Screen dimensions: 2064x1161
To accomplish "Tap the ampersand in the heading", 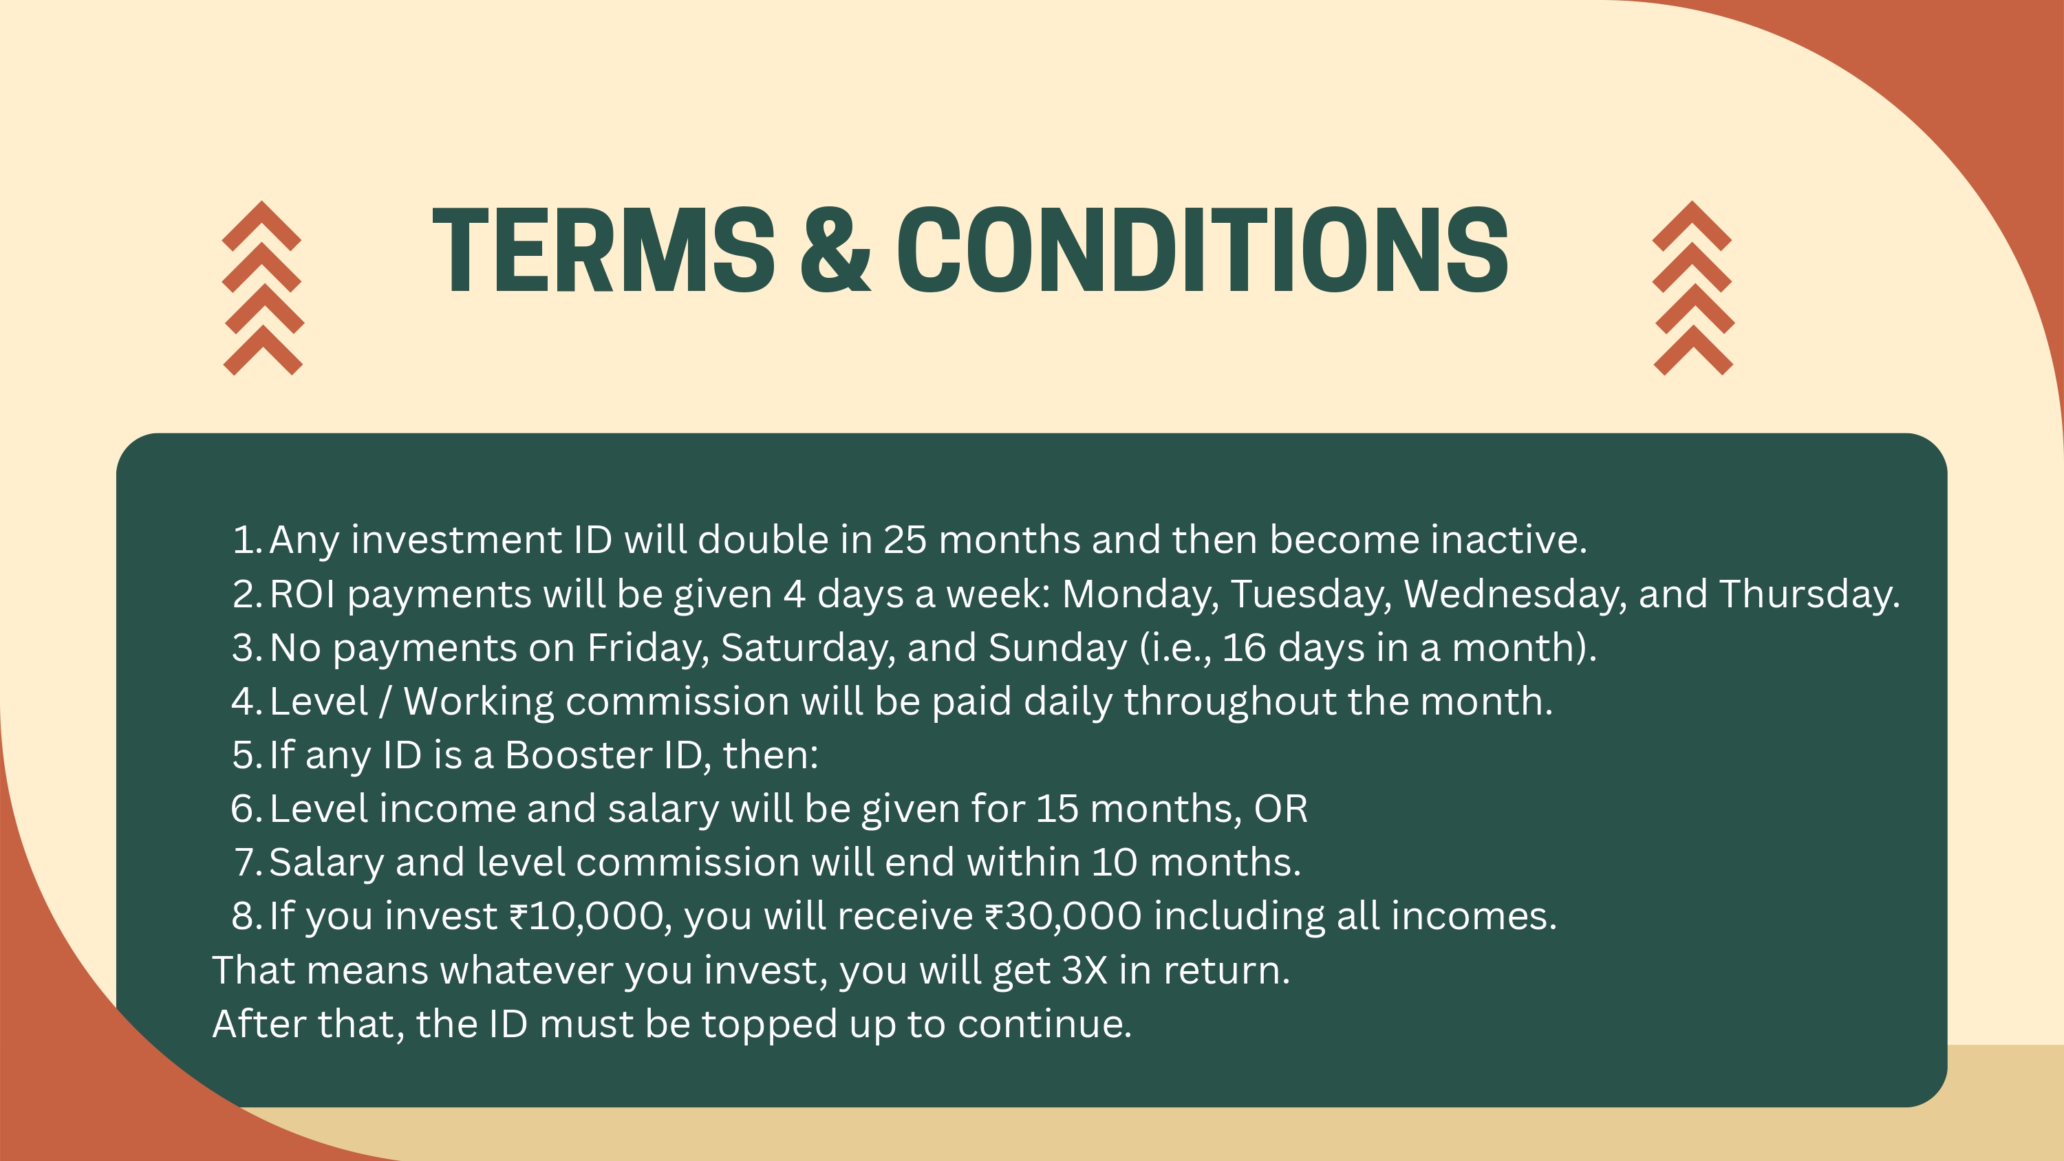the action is pos(835,248).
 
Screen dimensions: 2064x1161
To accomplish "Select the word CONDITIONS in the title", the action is pos(1202,249).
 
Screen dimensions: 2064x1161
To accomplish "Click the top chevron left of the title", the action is pos(261,226).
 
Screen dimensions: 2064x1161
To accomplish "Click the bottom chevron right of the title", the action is pos(1694,350).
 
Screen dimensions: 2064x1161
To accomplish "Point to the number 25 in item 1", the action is pos(905,540).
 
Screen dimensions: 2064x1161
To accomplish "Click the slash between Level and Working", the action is pos(385,702).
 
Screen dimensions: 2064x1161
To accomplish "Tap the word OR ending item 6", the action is pos(1280,808).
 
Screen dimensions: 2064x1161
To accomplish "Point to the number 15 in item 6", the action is pos(1057,808).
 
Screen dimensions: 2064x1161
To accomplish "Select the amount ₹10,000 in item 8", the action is pos(590,917).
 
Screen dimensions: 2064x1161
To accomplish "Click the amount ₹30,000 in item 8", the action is pos(1063,917).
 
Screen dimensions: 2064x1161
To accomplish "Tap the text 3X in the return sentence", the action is pos(1085,970).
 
